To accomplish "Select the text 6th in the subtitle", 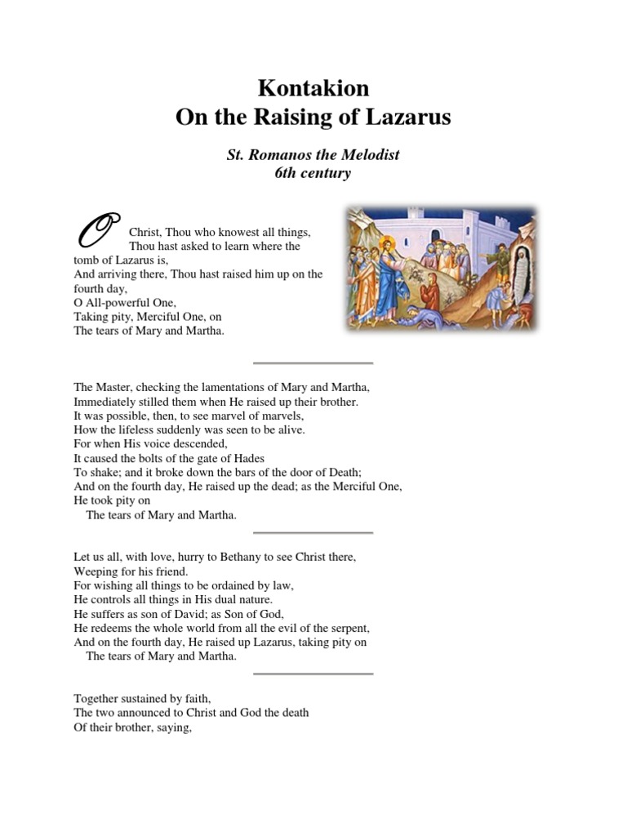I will pyautogui.click(x=290, y=173).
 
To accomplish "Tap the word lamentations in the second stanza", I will pyautogui.click(x=218, y=387).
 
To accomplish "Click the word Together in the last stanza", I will pyautogui.click(x=99, y=698).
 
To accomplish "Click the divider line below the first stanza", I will pyautogui.click(x=313, y=362).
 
